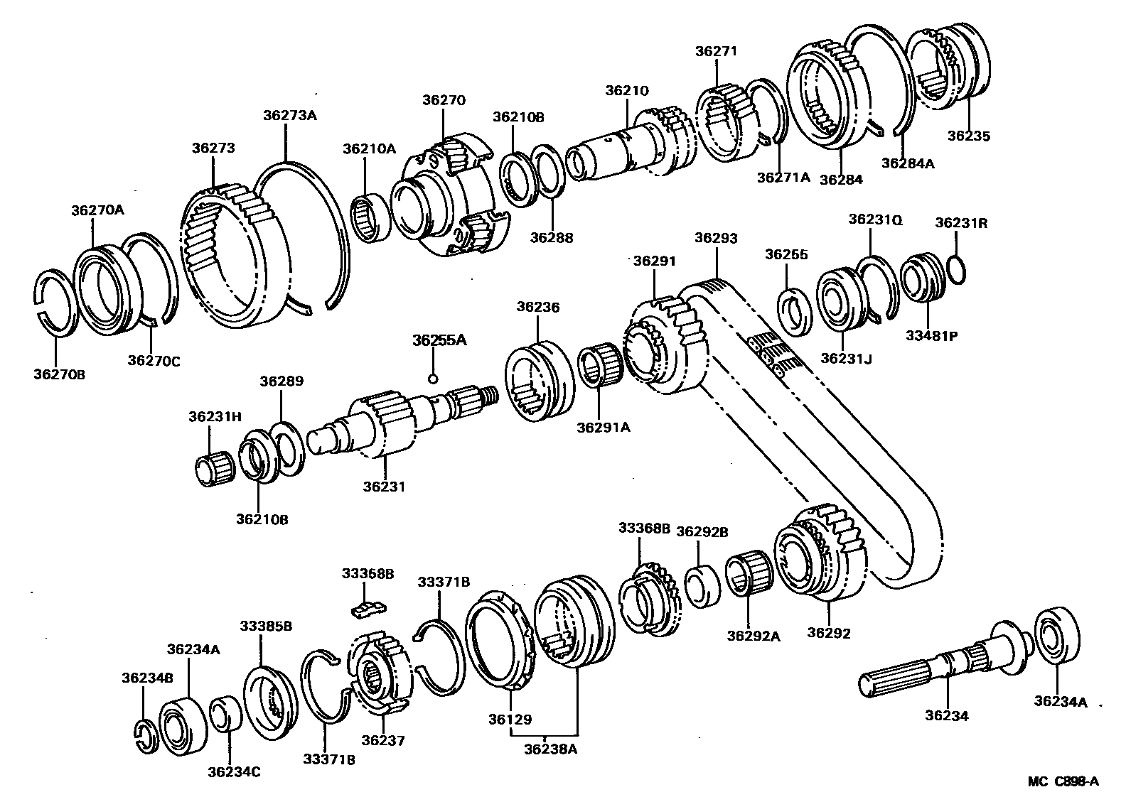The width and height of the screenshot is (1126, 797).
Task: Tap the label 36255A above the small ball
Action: [439, 340]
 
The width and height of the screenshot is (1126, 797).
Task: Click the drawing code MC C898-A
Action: [1063, 781]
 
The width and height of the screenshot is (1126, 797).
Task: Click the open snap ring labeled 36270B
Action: [55, 300]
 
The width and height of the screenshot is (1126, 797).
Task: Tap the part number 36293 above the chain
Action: [716, 238]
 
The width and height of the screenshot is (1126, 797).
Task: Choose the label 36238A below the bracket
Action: [550, 747]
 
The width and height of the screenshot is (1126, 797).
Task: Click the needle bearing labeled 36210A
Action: [371, 218]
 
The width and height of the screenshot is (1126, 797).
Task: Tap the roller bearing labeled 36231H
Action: [215, 470]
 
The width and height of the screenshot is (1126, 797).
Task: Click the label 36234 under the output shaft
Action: [946, 716]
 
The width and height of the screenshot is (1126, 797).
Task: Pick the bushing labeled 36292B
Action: [702, 587]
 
